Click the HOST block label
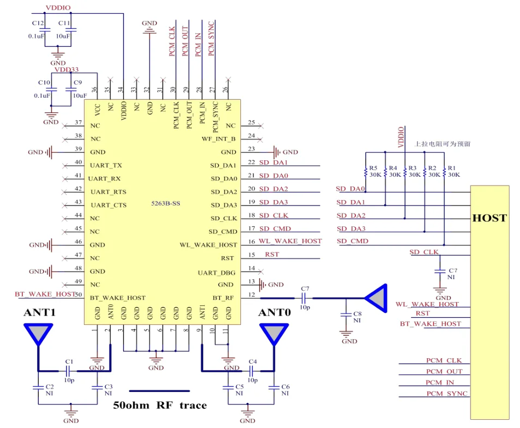pos(489,218)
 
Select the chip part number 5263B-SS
pos(166,203)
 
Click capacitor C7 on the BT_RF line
pos(305,298)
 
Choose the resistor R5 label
pos(373,168)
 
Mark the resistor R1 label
pos(452,168)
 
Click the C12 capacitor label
pos(38,23)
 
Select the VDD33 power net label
pos(66,70)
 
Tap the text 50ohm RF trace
pos(160,405)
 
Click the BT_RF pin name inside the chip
pos(224,298)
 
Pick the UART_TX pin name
pos(106,165)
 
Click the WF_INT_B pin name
pos(219,138)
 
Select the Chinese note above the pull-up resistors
pos(443,144)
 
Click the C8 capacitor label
pos(358,314)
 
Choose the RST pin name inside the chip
pos(228,258)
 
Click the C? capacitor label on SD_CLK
pos(452,270)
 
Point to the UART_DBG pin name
pos(217,272)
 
